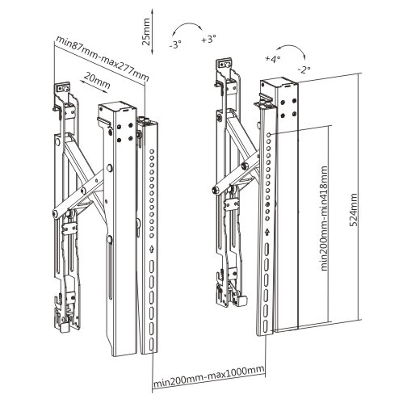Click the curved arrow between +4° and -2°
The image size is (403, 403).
coord(289,52)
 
